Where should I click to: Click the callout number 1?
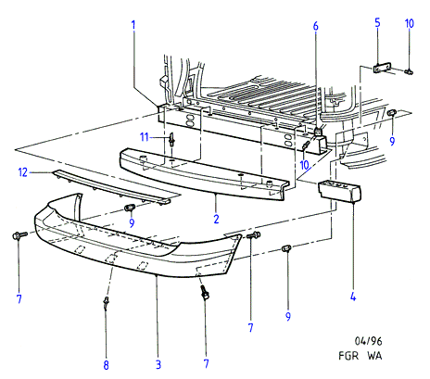coord(133,25)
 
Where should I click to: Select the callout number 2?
coord(216,219)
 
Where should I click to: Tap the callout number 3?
coord(158,364)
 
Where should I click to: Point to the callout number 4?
coord(353,297)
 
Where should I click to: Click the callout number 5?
coord(377,22)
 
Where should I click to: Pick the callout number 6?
coord(315,26)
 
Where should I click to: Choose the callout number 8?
coord(106,365)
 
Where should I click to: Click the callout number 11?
coord(145,136)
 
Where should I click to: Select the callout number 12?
coord(23,172)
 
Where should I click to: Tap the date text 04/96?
coord(368,341)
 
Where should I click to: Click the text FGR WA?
coord(360,356)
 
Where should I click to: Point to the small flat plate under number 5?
coord(382,68)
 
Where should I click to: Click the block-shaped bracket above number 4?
coord(339,191)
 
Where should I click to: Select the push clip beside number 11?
coord(171,139)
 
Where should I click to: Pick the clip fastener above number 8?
coord(106,303)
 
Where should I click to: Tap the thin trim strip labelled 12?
coord(111,187)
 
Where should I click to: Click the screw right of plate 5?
coord(410,71)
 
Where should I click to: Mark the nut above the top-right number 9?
coord(392,113)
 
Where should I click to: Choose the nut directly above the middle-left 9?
coord(130,208)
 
